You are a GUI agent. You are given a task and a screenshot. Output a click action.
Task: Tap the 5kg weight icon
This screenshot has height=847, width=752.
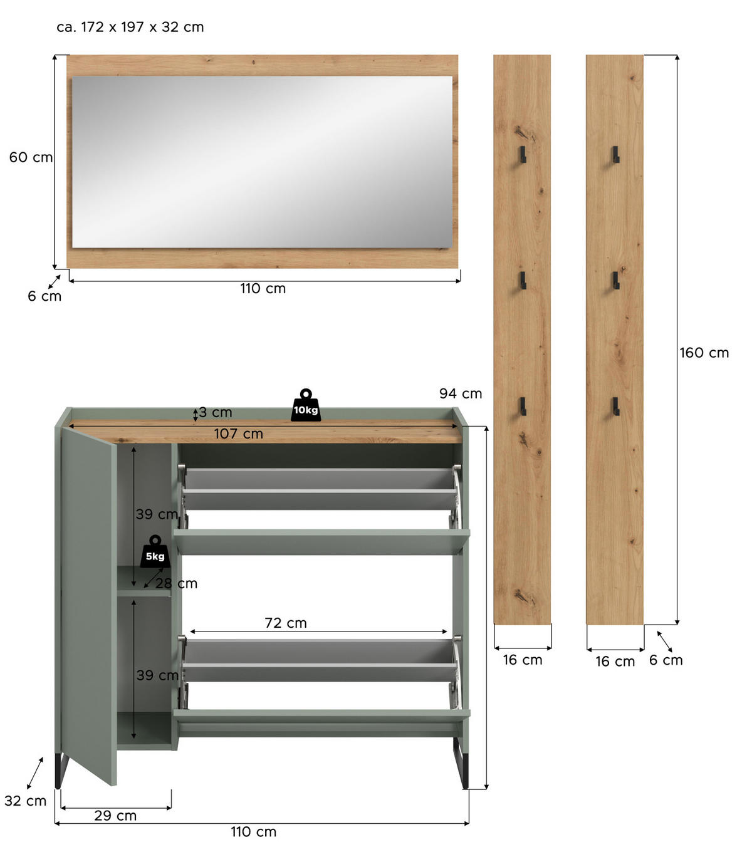coord(155,553)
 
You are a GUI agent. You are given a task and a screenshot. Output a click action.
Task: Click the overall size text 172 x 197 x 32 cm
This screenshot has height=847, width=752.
coord(130,27)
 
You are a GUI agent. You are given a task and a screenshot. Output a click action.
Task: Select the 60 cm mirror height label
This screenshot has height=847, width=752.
coord(31,157)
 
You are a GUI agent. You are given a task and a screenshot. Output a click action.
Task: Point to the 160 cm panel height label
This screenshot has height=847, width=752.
coord(704,353)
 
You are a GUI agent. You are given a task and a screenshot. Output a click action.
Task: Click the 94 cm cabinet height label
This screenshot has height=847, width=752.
coord(461,393)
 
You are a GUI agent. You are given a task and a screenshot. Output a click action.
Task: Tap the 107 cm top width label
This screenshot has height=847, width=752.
coord(238,434)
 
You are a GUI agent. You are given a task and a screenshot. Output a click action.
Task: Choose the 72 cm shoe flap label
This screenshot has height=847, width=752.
coord(286,623)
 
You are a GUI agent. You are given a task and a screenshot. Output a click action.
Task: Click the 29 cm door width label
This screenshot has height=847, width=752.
coord(115,815)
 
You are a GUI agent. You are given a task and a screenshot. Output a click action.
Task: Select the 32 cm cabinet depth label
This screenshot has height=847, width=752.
coord(25,801)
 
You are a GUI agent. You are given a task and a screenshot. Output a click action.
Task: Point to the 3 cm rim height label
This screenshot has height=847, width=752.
coord(215,412)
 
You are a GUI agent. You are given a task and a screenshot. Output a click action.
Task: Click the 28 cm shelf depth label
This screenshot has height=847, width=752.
coord(176,583)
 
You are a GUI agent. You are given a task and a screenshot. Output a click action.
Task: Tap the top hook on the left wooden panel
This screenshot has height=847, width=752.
coord(522,154)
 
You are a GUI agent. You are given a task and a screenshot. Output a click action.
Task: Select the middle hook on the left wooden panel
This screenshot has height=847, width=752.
coord(522,281)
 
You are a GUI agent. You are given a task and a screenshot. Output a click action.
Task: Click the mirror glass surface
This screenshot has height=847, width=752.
coord(262,162)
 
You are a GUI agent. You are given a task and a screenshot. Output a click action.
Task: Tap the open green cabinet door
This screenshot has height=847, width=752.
coord(88,601)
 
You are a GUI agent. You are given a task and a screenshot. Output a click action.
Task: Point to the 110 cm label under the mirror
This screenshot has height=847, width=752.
coord(263,288)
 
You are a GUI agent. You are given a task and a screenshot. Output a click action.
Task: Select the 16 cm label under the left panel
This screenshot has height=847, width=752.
coord(522,660)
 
